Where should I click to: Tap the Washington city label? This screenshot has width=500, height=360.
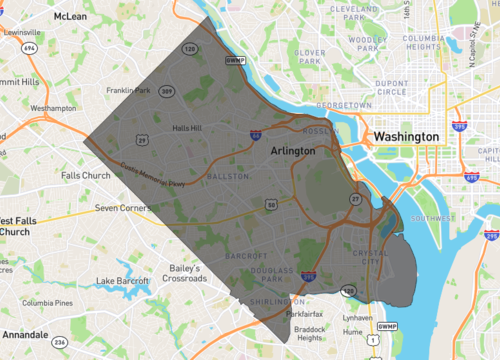[405, 136]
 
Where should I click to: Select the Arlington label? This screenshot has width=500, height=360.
[292, 150]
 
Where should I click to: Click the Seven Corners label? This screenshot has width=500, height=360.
[121, 208]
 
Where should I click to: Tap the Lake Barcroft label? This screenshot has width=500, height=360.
[121, 281]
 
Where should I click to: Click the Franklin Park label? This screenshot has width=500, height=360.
[129, 91]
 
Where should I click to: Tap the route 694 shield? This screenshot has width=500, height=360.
[30, 47]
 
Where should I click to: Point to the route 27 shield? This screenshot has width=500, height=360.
[355, 199]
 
